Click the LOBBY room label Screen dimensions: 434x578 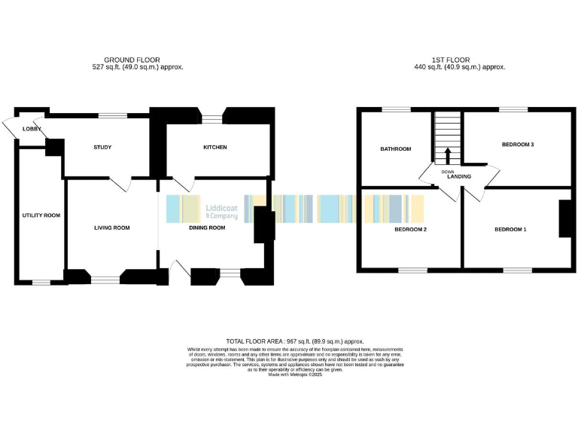pyautogui.click(x=32, y=129)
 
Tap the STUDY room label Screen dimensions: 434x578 pyautogui.click(x=102, y=147)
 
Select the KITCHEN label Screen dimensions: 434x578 pyautogui.click(x=214, y=147)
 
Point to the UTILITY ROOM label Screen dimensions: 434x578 pyautogui.click(x=41, y=215)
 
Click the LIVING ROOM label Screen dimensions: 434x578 pyautogui.click(x=111, y=227)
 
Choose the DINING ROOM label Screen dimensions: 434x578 pyautogui.click(x=207, y=227)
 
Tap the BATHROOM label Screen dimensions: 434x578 pyautogui.click(x=395, y=149)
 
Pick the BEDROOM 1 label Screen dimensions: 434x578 pyautogui.click(x=510, y=229)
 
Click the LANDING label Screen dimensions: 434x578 pyautogui.click(x=459, y=177)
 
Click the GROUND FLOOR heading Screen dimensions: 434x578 pyautogui.click(x=132, y=60)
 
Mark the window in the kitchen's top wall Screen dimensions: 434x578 pyautogui.click(x=214, y=116)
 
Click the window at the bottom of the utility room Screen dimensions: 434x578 pyautogui.click(x=41, y=283)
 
